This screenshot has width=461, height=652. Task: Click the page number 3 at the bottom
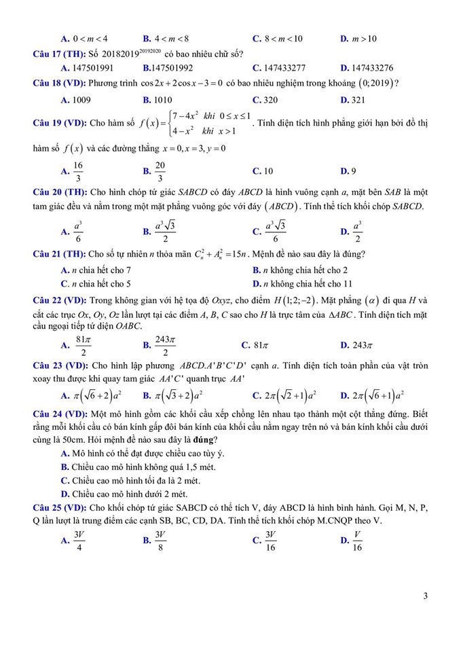pyautogui.click(x=425, y=596)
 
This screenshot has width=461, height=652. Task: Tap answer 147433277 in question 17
pyautogui.click(x=284, y=68)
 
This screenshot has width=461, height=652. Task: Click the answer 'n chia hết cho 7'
pyautogui.click(x=101, y=270)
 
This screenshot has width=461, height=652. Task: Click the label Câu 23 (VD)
pyautogui.click(x=59, y=365)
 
